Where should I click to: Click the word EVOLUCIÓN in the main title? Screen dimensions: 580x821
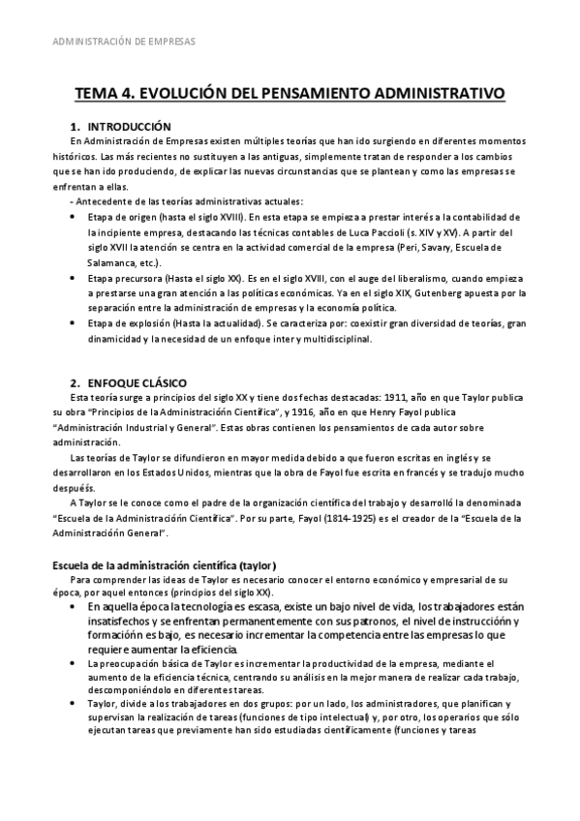[x=184, y=95]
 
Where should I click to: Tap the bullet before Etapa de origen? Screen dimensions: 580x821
[x=76, y=216]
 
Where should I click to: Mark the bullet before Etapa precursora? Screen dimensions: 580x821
[x=76, y=277]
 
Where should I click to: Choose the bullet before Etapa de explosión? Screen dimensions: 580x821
[x=76, y=323]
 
